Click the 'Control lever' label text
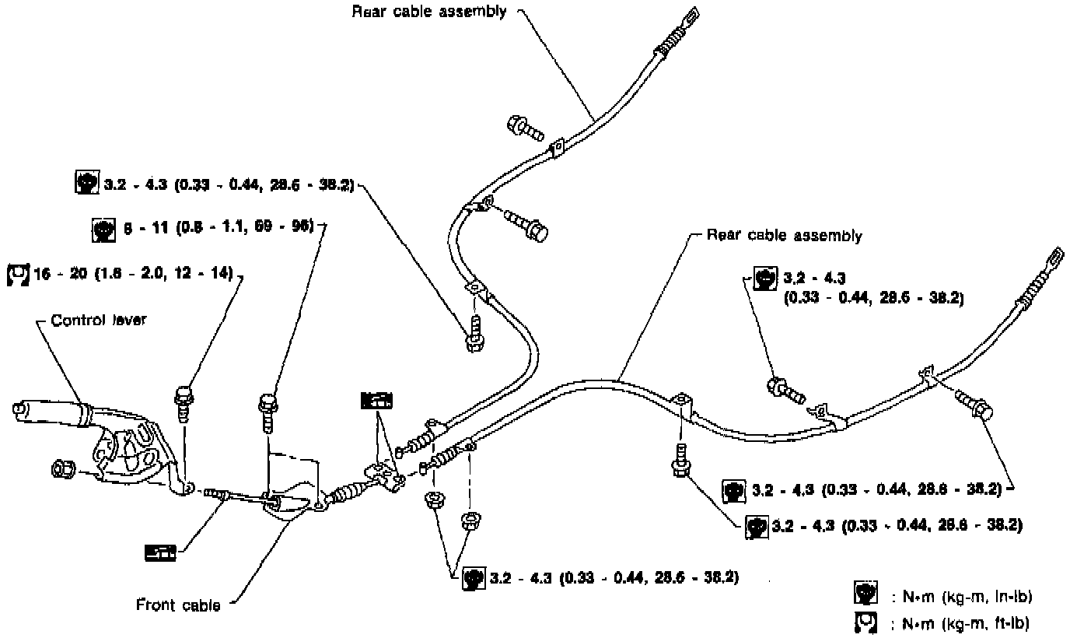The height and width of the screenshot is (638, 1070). click(98, 321)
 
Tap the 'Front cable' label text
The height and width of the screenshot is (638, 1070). click(178, 605)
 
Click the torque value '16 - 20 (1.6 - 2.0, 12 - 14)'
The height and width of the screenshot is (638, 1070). click(133, 275)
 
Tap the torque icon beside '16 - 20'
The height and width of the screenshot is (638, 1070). click(17, 275)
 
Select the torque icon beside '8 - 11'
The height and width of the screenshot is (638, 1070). click(102, 229)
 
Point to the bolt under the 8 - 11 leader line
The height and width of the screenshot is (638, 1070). click(267, 410)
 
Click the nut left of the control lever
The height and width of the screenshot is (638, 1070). click(61, 469)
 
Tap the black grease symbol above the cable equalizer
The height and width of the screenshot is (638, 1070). click(377, 400)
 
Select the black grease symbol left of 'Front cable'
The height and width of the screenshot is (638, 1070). click(160, 552)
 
